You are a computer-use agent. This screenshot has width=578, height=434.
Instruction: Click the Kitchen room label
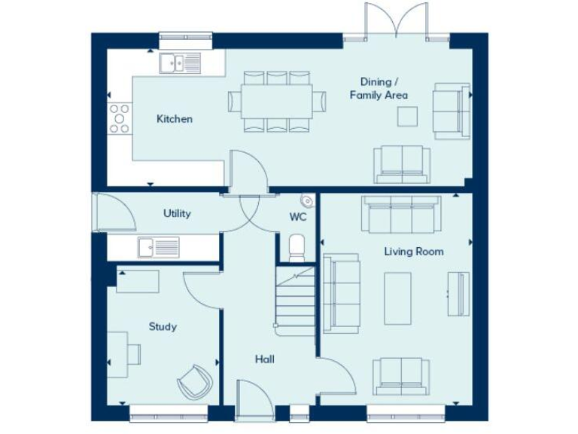174,119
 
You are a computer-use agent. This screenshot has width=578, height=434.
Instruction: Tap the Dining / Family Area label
379,88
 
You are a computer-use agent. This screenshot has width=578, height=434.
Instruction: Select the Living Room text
413,252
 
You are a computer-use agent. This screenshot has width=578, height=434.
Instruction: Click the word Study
163,326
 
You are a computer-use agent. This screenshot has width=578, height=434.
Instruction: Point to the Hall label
264,359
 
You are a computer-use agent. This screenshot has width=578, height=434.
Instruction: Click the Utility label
177,213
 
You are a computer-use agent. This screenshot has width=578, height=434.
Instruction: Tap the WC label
298,217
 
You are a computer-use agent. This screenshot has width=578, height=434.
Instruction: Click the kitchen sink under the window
180,63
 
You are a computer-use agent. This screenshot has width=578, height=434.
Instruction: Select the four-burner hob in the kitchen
119,118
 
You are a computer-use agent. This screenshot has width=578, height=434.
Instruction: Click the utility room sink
158,246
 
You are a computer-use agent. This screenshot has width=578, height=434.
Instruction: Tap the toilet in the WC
297,247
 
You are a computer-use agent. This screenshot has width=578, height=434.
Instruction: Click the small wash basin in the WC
307,200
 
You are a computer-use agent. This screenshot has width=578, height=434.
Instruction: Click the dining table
276,101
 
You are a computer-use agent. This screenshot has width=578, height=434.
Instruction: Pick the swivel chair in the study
195,381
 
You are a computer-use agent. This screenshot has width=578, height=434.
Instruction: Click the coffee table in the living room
397,298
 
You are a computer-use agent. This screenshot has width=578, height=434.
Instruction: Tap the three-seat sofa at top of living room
401,214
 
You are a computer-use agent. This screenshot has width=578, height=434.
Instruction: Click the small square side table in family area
407,115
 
